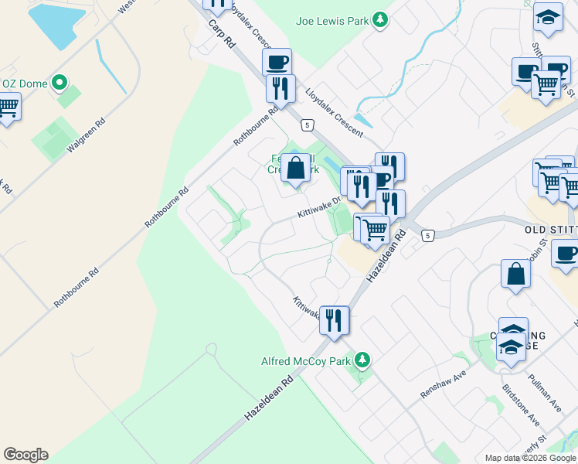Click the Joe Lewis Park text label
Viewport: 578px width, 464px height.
pyautogui.click(x=332, y=21)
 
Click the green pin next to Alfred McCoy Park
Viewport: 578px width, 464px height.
pyautogui.click(x=361, y=360)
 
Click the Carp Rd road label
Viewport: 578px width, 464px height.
pyautogui.click(x=221, y=36)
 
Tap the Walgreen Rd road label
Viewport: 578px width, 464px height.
pyautogui.click(x=86, y=137)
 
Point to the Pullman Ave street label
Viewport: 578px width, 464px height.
pyautogui.click(x=543, y=392)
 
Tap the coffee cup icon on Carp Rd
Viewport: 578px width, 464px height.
pyautogui.click(x=277, y=61)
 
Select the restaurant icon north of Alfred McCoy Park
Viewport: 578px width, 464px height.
pyautogui.click(x=334, y=319)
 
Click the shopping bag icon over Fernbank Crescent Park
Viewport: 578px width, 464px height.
pyautogui.click(x=295, y=166)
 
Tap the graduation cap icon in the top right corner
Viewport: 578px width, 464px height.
pyautogui.click(x=548, y=18)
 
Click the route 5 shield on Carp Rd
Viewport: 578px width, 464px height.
pyautogui.click(x=308, y=125)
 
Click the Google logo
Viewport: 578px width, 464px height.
pyautogui.click(x=25, y=455)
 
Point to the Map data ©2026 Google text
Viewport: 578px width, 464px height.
pyautogui.click(x=530, y=458)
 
